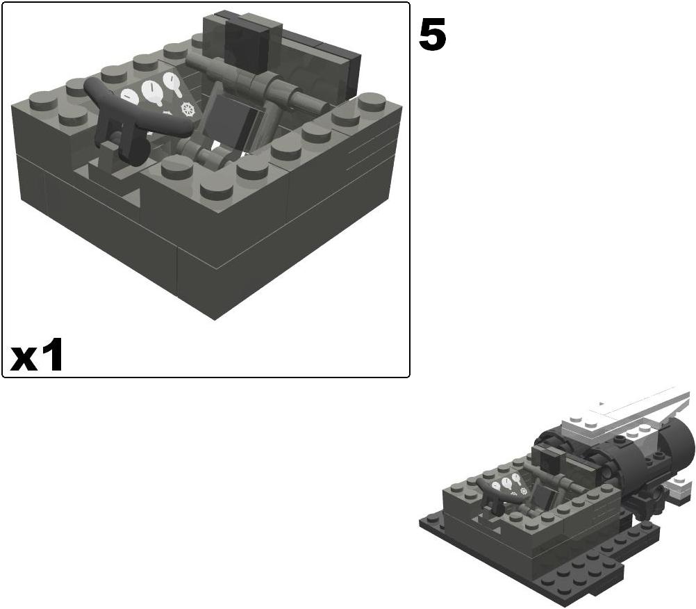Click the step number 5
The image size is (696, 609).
click(x=432, y=35)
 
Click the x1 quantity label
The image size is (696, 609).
click(x=37, y=357)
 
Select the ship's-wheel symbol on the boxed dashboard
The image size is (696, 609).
click(x=185, y=110)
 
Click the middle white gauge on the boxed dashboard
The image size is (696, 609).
click(x=150, y=91)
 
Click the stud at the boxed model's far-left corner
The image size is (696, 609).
click(x=43, y=101)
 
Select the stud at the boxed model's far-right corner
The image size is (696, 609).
click(x=372, y=101)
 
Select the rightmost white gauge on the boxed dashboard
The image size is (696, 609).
click(x=172, y=86)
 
